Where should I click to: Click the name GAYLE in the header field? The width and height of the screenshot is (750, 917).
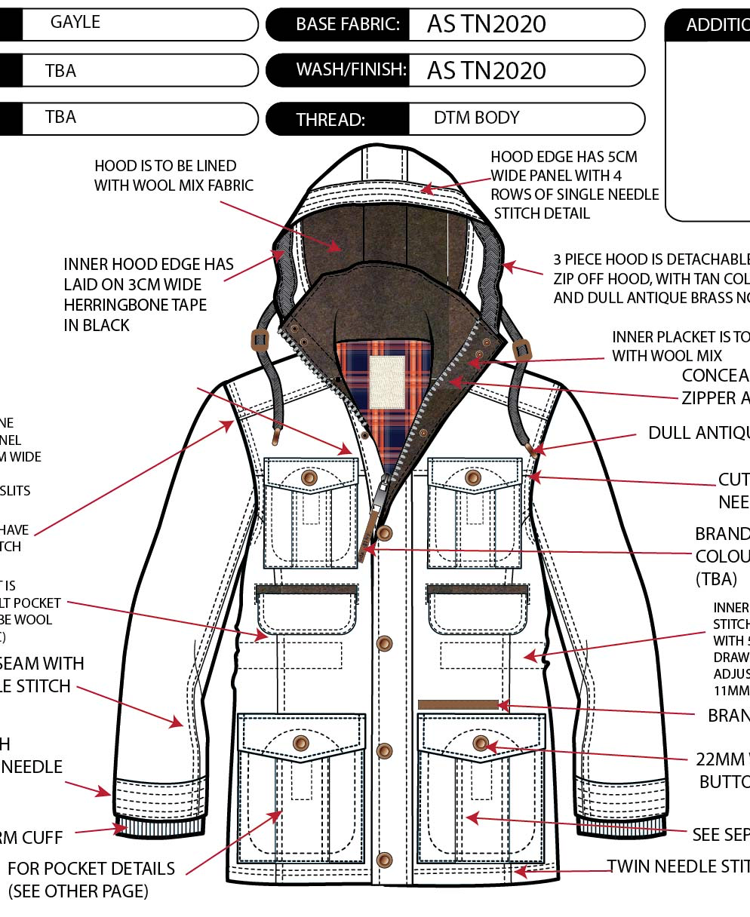tap(75, 23)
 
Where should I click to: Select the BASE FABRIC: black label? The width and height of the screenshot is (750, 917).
tap(347, 24)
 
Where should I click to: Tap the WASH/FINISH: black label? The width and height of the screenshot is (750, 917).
tap(351, 70)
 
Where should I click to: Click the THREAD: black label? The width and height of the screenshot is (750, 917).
tap(330, 119)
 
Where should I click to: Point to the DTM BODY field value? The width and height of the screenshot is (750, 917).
tap(476, 118)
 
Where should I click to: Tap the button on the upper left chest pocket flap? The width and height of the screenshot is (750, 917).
tap(309, 477)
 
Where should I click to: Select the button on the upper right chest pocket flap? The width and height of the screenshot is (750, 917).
tap(473, 477)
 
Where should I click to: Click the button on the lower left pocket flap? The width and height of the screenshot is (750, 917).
tap(300, 743)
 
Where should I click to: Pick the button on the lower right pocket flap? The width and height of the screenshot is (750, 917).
tap(481, 744)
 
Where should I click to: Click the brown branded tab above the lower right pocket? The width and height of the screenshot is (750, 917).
tap(458, 704)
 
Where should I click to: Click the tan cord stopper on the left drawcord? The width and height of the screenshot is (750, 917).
tap(260, 340)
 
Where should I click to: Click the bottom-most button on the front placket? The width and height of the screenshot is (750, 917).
tap(384, 860)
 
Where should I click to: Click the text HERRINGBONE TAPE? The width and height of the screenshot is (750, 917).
tap(135, 305)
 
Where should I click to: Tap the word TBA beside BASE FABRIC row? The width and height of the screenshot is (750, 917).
tap(60, 71)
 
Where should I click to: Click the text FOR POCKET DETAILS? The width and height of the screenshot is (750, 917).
tap(91, 869)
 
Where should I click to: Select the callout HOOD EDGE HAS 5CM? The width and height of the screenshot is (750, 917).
tap(564, 157)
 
